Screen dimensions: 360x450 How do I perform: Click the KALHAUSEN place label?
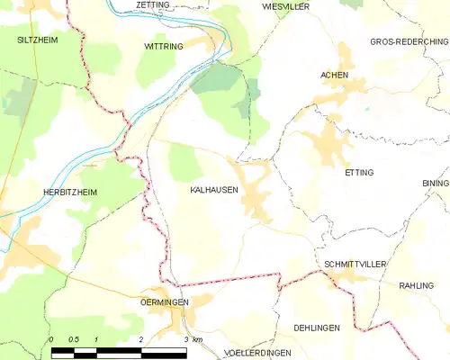coord(214,191)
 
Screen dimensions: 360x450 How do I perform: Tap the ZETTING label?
coord(152,5)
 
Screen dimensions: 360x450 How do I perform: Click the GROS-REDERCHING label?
coord(409,41)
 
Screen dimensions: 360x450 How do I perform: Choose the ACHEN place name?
coord(334,76)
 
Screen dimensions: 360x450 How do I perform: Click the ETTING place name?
coord(359,172)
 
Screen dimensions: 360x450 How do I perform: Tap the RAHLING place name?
coord(416,285)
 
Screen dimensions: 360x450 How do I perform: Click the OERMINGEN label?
coord(165,302)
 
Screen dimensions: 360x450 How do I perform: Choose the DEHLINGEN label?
coord(316,328)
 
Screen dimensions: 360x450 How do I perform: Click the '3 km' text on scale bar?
coord(192,339)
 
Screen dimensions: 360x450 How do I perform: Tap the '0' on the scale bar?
coord(52,339)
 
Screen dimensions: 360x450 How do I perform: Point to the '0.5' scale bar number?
coord(74,339)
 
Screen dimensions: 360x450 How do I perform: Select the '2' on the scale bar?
coord(141,339)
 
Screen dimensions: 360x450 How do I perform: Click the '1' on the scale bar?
coord(96,339)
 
